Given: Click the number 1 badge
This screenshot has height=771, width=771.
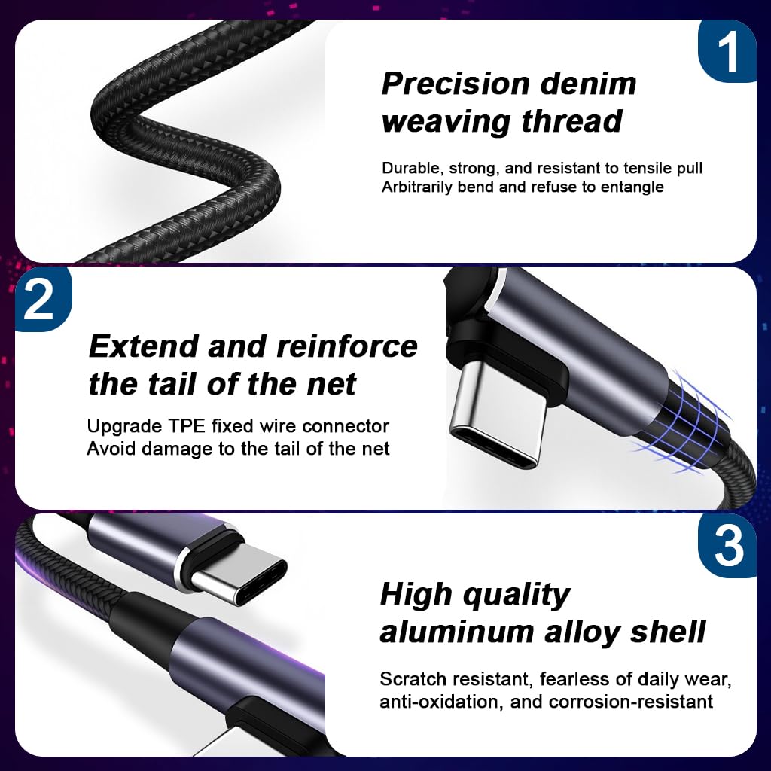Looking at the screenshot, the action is tap(727, 51).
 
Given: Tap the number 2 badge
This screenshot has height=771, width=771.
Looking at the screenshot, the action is tap(43, 299).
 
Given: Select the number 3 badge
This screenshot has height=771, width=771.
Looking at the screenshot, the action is tap(727, 546).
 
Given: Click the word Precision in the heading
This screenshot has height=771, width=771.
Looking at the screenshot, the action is tap(456, 84).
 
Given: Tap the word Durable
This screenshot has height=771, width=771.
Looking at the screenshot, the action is tap(411, 169).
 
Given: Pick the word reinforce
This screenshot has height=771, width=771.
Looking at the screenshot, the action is tap(347, 346).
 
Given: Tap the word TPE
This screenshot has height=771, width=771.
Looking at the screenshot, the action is tap(187, 426).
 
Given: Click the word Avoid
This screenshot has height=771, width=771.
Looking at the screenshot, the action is tap(111, 449).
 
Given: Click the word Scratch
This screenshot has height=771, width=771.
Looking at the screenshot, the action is tap(413, 679).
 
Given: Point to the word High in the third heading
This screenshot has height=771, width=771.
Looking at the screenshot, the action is tap(416, 594).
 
